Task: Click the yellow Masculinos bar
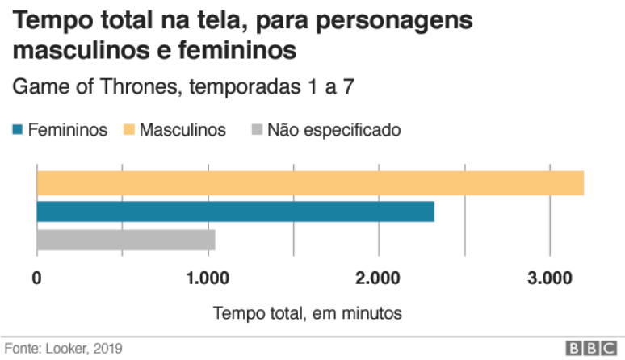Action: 310,183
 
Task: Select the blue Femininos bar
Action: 235,211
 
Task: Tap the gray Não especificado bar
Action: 125,240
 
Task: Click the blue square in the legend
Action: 17,129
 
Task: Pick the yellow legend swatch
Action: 128,129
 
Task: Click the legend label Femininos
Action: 67,129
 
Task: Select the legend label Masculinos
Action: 183,129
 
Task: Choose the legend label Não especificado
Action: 333,129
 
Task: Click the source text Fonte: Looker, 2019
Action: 64,349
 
